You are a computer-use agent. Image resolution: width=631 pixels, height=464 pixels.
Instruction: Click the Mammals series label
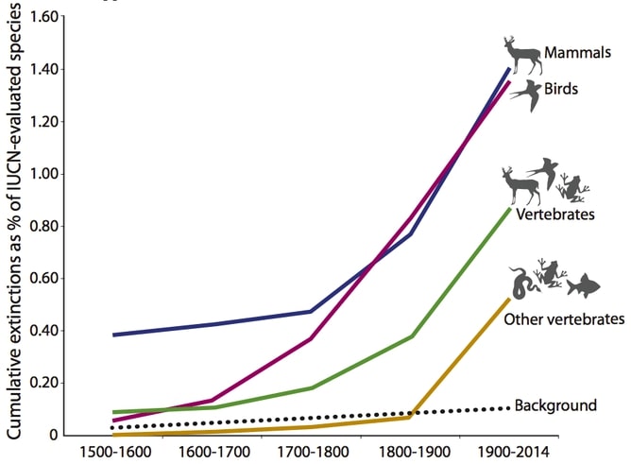click(x=577, y=53)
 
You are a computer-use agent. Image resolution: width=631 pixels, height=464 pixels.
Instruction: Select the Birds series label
click(x=561, y=89)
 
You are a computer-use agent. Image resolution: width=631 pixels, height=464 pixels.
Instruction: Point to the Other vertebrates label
click(x=564, y=318)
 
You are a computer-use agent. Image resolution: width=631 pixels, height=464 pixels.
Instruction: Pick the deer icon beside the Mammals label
click(x=521, y=56)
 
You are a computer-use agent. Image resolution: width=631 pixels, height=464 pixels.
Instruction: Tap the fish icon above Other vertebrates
click(x=585, y=283)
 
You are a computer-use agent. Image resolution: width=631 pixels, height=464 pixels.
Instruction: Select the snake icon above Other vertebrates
click(x=521, y=282)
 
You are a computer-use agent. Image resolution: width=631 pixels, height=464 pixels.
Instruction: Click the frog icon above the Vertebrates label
click(x=571, y=188)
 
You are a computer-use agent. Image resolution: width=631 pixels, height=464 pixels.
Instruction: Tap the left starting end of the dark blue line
click(x=113, y=335)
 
